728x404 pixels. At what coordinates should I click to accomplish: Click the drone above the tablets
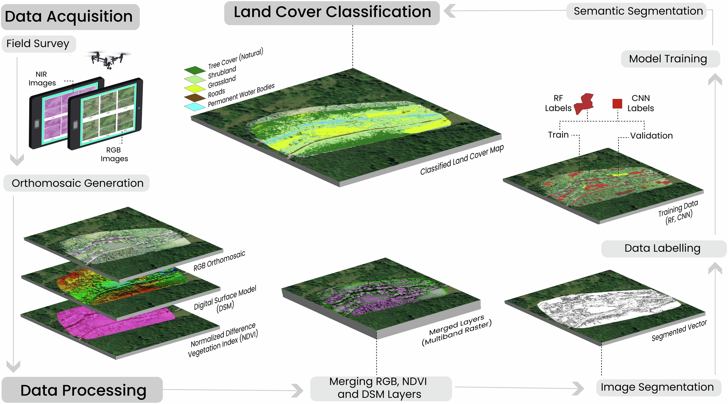point(108,59)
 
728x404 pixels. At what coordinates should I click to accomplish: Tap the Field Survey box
point(38,44)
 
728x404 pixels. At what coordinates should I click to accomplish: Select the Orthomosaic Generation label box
point(77,183)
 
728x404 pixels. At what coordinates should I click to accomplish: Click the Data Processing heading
point(82,390)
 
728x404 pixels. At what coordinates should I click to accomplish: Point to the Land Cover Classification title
point(332,13)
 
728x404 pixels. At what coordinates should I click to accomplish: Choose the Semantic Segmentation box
point(637,11)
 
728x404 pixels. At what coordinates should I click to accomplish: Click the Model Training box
point(670,59)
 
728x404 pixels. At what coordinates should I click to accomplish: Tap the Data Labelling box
point(663,249)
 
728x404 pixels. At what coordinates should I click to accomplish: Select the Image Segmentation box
point(657,387)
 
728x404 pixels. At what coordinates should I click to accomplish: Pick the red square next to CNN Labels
point(617,103)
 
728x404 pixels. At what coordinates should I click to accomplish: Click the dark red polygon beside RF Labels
point(585,103)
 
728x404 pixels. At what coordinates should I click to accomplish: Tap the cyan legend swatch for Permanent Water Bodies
point(195,106)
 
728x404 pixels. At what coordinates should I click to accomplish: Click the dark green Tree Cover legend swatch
point(195,70)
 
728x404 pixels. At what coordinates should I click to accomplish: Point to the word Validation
point(651,136)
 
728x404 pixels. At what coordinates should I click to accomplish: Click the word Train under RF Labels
point(558,135)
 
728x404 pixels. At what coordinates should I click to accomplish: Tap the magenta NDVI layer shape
point(115,322)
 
